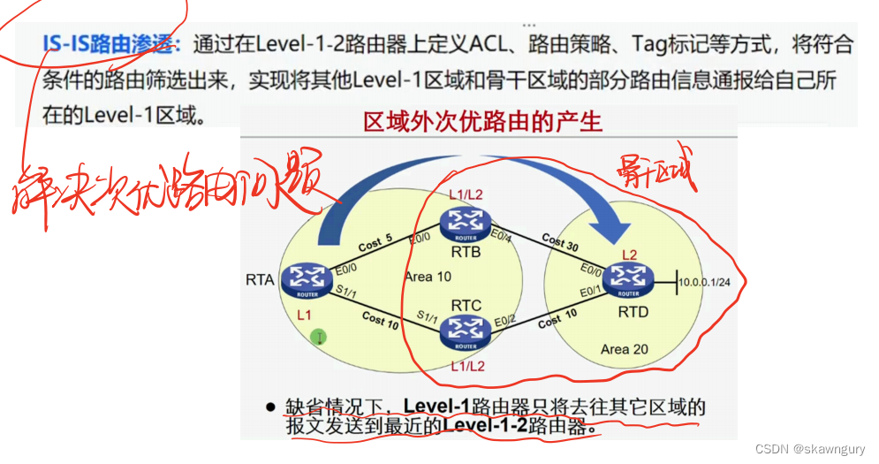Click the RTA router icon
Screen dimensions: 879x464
coord(307,281)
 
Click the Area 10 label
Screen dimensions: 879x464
coord(428,277)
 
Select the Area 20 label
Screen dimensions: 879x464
coord(624,349)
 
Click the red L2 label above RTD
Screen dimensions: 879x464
coord(631,255)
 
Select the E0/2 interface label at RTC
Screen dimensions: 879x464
coord(506,319)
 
